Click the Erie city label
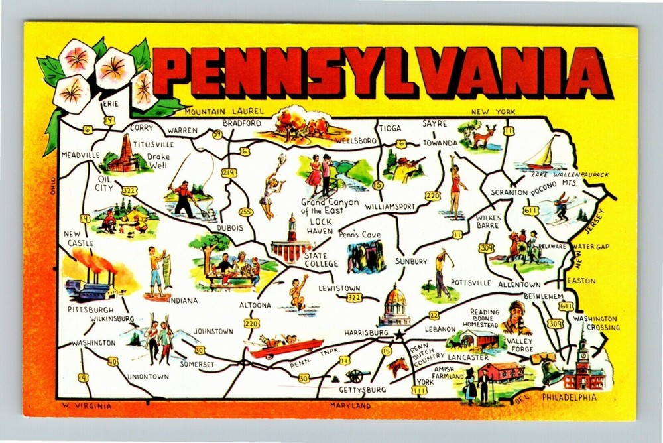[x=109, y=104]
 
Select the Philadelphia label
[x=569, y=397]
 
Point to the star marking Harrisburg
[x=398, y=336]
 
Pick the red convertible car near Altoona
[x=285, y=346]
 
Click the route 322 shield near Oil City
[x=129, y=190]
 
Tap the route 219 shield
[x=229, y=173]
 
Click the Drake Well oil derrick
[x=124, y=155]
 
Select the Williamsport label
[x=390, y=206]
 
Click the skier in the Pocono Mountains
[x=562, y=206]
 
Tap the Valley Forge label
[x=520, y=345]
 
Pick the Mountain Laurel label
[x=225, y=111]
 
